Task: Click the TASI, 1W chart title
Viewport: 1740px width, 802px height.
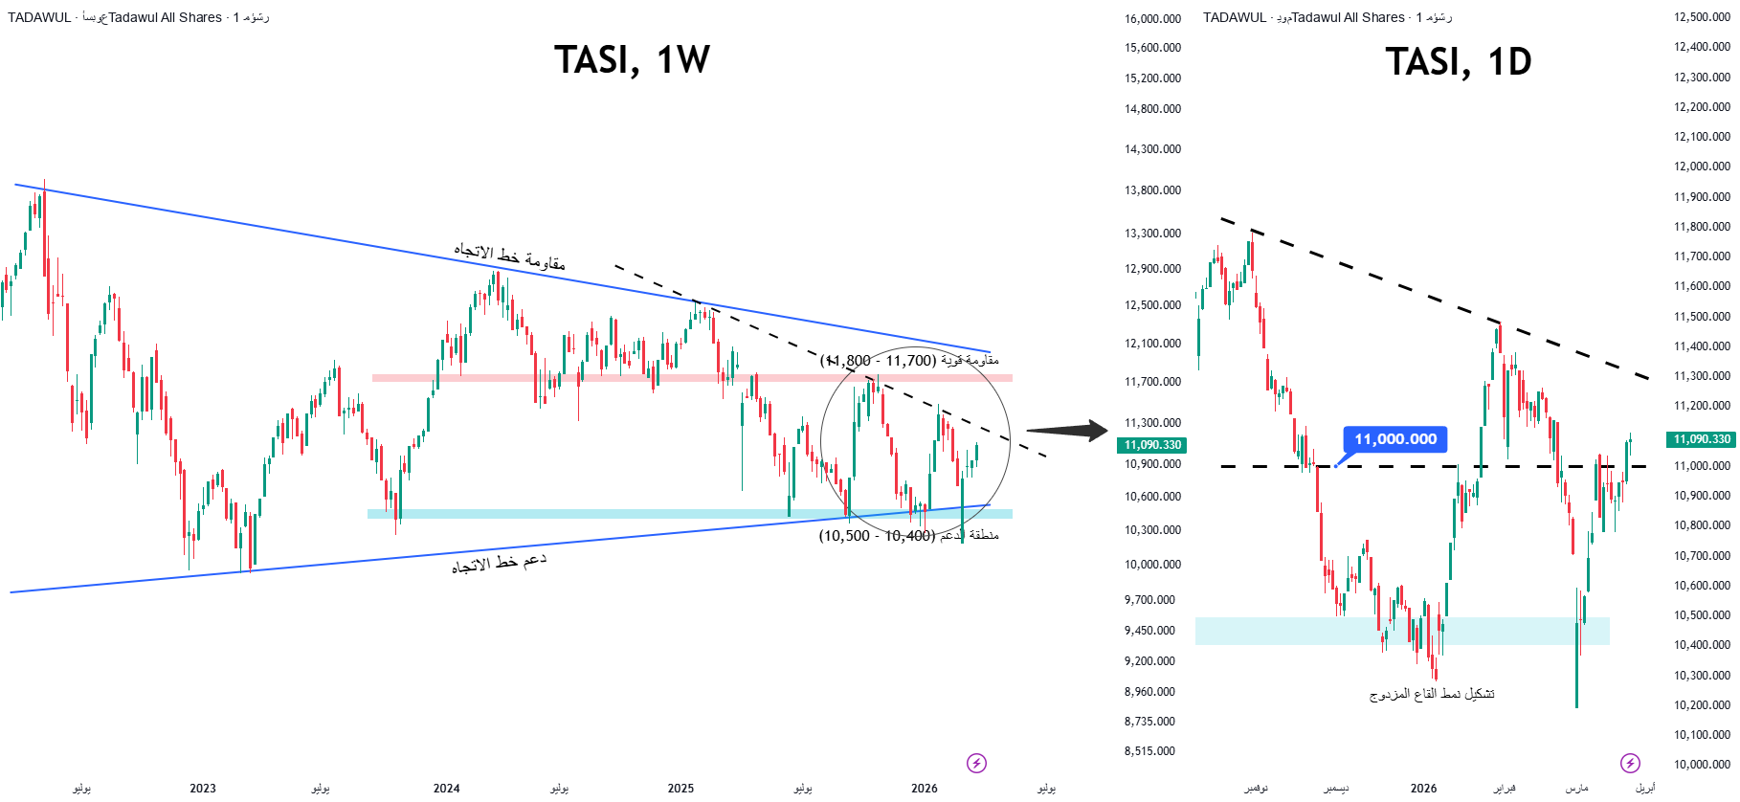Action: (632, 60)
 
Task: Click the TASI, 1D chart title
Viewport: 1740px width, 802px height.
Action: (1458, 62)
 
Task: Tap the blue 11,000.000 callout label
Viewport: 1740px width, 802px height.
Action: (1394, 439)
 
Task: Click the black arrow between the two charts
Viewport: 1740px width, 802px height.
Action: (1067, 431)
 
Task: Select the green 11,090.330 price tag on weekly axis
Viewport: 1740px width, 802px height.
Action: (1152, 445)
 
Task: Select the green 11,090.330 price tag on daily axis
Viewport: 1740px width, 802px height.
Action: (1702, 439)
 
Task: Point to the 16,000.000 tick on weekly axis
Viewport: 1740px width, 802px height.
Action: (1152, 19)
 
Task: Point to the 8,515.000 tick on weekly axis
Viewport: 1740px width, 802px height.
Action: (1149, 751)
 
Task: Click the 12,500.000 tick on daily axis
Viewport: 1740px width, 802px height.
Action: (1702, 17)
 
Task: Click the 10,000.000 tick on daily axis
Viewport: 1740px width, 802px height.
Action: (1702, 765)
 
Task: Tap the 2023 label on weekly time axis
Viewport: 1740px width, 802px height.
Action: (203, 789)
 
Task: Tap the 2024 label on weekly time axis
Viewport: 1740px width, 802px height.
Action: (446, 789)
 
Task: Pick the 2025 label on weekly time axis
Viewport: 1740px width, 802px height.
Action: (680, 789)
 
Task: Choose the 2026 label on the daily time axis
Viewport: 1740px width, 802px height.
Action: (1423, 789)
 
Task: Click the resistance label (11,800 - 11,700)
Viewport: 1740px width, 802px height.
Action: (908, 361)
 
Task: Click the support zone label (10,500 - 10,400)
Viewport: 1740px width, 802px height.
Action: (908, 536)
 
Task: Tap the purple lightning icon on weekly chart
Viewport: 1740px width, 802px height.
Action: (976, 763)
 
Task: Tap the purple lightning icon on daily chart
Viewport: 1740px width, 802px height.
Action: (1630, 763)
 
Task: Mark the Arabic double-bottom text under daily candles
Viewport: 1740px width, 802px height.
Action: (1432, 694)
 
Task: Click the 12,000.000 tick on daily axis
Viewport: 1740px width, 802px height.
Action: (1702, 167)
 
